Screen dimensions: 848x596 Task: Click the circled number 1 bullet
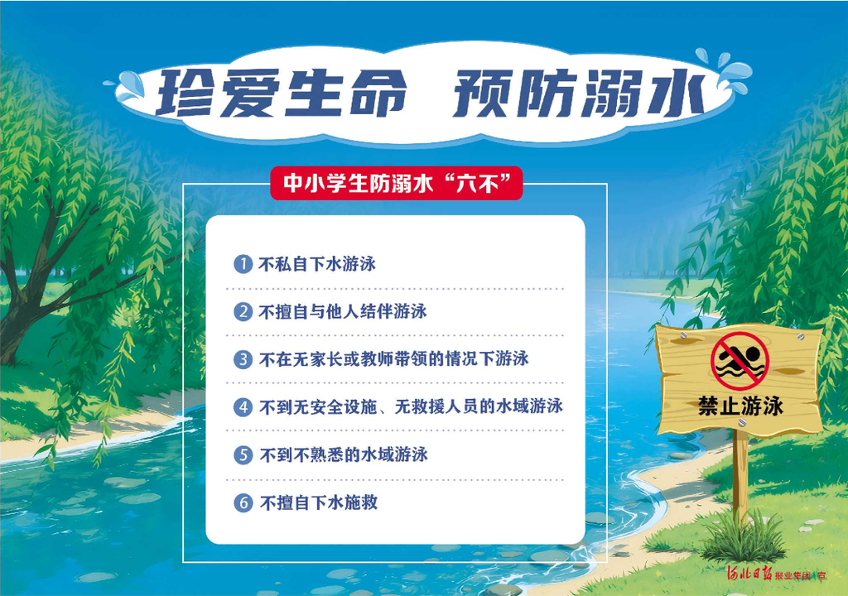(243, 264)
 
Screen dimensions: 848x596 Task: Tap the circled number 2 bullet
(243, 311)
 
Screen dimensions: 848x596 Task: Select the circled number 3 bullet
(243, 359)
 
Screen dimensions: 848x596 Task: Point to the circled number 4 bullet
(243, 406)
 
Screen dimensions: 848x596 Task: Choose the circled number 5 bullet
(243, 454)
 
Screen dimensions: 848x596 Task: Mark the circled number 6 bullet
(243, 502)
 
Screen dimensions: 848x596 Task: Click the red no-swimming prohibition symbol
(740, 361)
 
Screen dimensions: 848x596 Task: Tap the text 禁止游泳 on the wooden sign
(740, 406)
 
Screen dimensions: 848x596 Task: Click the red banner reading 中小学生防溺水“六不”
(397, 183)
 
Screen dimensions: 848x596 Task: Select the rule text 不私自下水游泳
(317, 264)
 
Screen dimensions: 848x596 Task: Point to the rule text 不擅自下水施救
(319, 502)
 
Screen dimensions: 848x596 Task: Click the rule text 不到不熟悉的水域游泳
(344, 454)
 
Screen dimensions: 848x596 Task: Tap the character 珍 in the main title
(186, 93)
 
